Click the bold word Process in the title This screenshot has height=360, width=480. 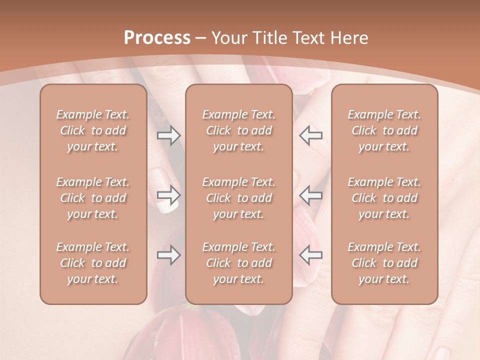[157, 38]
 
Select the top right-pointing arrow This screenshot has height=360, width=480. [168, 135]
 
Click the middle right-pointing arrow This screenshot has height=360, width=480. [168, 195]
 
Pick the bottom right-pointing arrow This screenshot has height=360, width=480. [168, 255]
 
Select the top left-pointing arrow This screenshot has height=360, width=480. [311, 135]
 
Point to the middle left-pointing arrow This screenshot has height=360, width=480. [311, 195]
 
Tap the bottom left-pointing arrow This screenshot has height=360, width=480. [311, 255]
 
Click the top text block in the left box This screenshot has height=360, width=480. [93, 130]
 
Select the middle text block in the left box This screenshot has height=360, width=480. [93, 198]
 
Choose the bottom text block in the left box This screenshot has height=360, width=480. [93, 263]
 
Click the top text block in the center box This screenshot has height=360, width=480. [238, 130]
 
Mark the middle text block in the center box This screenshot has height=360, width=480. [238, 198]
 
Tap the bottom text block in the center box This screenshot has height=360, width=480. [238, 263]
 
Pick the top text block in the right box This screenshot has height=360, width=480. [384, 130]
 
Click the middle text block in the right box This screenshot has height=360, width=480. [384, 198]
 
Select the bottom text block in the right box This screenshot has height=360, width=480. [384, 263]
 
